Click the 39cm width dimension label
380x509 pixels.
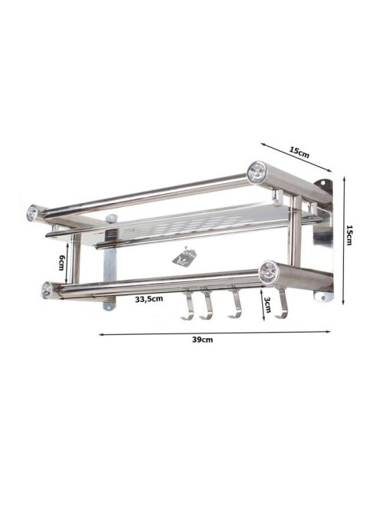[202, 340]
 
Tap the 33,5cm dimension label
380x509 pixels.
[149, 299]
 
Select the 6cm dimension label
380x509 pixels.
[61, 263]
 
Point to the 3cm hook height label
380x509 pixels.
[267, 305]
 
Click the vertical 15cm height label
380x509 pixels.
[349, 235]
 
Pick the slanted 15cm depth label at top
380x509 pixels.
[300, 152]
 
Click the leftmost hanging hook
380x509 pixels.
[188, 305]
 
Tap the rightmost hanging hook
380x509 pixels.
[281, 304]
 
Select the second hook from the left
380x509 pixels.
[206, 305]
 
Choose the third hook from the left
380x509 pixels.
[234, 304]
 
